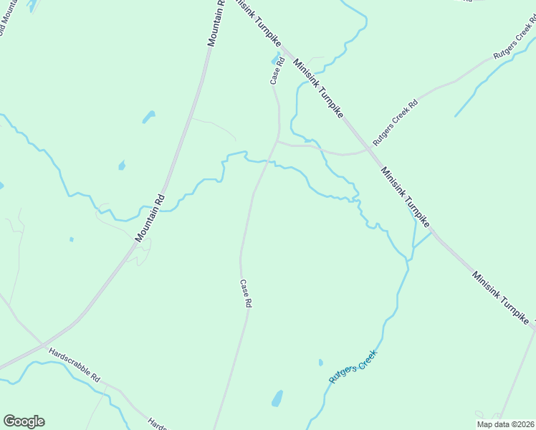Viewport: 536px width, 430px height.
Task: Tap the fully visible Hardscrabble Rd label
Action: pyautogui.click(x=75, y=364)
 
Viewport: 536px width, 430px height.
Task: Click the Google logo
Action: pyautogui.click(x=24, y=421)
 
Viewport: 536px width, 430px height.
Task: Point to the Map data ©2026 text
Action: pyautogui.click(x=504, y=424)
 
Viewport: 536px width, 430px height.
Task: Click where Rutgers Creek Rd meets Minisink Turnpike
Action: pyautogui.click(x=370, y=149)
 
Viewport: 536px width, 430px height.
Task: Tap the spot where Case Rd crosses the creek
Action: pyautogui.click(x=267, y=162)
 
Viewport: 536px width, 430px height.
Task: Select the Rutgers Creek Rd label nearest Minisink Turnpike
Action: pyautogui.click(x=394, y=125)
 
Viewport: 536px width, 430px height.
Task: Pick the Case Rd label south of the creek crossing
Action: pyautogui.click(x=245, y=294)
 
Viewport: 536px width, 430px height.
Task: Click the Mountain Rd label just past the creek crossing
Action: pyautogui.click(x=150, y=218)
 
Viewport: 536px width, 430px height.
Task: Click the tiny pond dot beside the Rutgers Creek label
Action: pyautogui.click(x=320, y=363)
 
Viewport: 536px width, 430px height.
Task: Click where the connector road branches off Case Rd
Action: pyautogui.click(x=277, y=141)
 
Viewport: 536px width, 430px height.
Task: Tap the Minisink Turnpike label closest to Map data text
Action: pyautogui.click(x=502, y=300)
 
